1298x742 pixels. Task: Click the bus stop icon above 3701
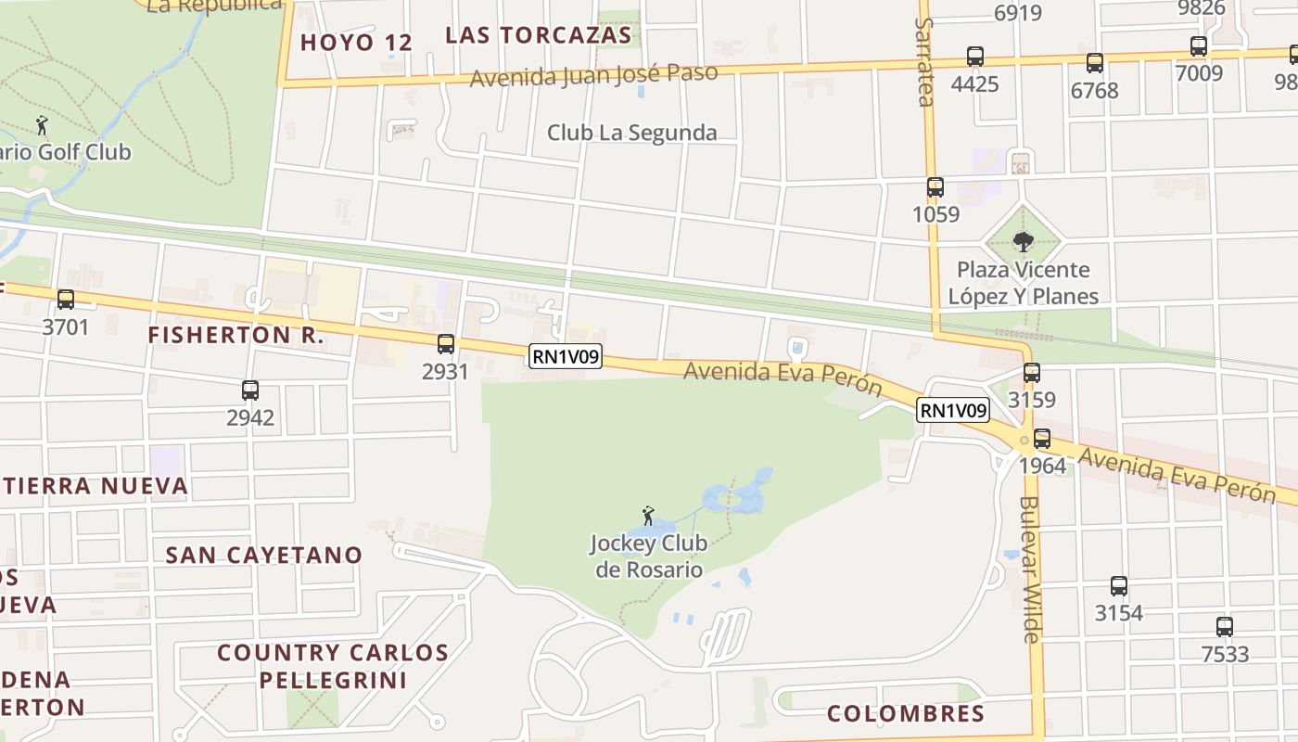click(65, 300)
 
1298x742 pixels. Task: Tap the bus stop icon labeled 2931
click(446, 344)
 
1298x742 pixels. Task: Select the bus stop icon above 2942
click(249, 390)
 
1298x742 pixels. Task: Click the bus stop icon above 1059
click(935, 187)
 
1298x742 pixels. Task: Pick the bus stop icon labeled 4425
click(974, 57)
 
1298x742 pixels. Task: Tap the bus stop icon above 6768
click(1094, 63)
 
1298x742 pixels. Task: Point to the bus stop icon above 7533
click(1224, 627)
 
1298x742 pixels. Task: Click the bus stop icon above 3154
click(1118, 586)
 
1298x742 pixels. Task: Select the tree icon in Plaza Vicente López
click(1023, 242)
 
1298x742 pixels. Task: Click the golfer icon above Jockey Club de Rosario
click(648, 516)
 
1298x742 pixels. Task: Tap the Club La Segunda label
click(631, 133)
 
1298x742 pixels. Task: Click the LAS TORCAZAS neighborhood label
click(538, 35)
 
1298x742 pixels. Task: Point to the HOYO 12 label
click(356, 42)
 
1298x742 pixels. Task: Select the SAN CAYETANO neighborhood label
click(263, 555)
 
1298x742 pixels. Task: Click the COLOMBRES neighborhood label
click(905, 713)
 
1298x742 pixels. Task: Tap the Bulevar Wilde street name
click(1030, 569)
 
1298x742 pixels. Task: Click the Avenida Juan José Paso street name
click(593, 75)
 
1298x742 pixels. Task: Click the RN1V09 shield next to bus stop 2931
click(566, 356)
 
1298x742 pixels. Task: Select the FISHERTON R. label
click(235, 335)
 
